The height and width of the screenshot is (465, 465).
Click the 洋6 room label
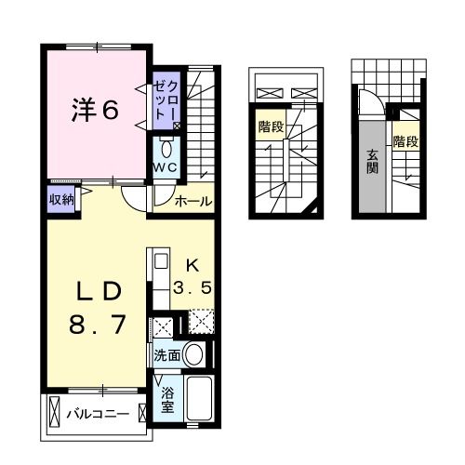coord(96,110)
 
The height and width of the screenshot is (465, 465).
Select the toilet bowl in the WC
coord(167,149)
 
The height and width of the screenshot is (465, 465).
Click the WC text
coord(167,167)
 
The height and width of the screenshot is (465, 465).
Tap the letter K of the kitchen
coord(194,264)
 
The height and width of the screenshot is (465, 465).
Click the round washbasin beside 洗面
coord(194,353)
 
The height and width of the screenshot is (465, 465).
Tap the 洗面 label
coord(167,354)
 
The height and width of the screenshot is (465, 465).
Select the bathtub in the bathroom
coord(199,399)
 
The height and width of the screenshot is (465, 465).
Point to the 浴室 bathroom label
coord(168,400)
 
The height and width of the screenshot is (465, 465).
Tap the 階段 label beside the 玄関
coord(405,142)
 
